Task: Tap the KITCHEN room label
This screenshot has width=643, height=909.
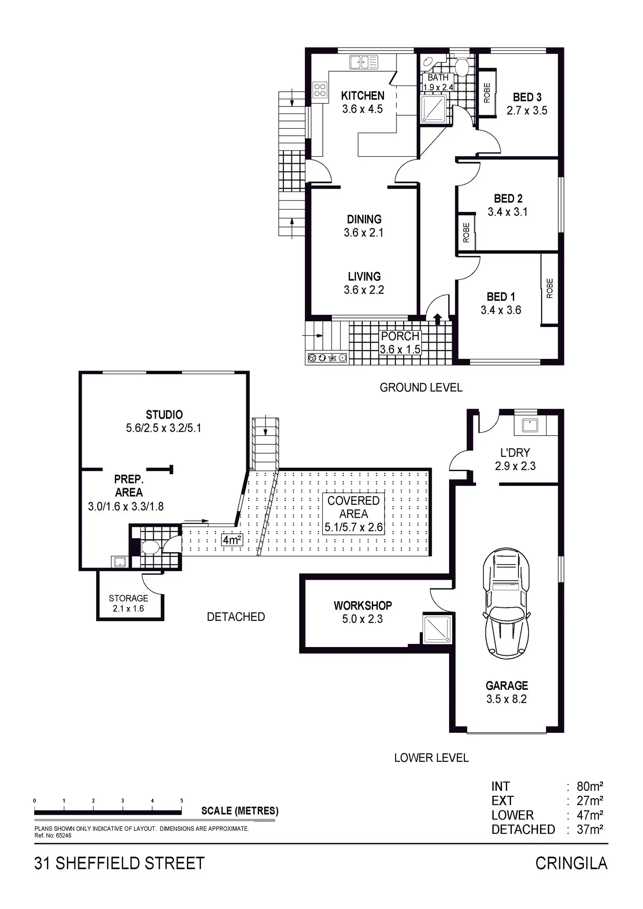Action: (x=363, y=96)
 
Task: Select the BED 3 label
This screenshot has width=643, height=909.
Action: (x=527, y=97)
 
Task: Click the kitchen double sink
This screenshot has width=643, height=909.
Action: (x=363, y=62)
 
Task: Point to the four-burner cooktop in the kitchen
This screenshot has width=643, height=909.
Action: (x=320, y=90)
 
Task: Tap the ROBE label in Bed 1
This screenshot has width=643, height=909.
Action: (x=550, y=288)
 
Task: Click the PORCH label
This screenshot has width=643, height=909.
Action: (x=400, y=336)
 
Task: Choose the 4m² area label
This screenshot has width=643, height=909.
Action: (x=232, y=540)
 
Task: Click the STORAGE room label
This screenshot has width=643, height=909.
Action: (x=128, y=598)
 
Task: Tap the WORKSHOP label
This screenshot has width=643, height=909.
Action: (x=363, y=606)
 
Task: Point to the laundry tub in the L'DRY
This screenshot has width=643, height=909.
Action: (x=530, y=425)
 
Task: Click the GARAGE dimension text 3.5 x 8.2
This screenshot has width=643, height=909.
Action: (x=507, y=699)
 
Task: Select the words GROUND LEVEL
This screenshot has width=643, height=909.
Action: (x=421, y=388)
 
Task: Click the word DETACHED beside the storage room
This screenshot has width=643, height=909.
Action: (x=236, y=617)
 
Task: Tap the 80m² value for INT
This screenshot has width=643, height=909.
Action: (x=590, y=786)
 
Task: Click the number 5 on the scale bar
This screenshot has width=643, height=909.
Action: (x=182, y=801)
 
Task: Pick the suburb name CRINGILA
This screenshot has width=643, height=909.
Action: (x=571, y=863)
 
